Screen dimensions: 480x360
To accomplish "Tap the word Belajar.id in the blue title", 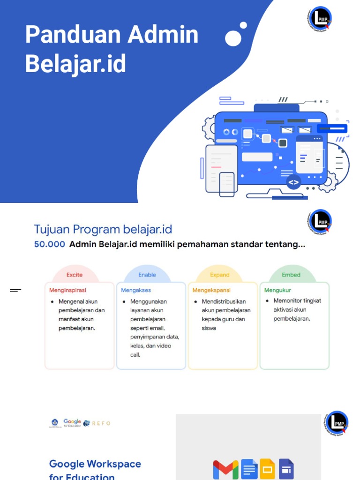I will [75, 63].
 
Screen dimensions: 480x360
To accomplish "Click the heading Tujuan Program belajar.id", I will [103, 229].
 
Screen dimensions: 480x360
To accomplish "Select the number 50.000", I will [50, 244].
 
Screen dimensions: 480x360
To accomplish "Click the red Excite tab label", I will [75, 275].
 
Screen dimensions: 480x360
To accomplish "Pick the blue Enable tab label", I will [147, 275].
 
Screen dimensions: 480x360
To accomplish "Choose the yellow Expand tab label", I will [219, 275].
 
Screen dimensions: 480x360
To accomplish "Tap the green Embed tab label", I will [291, 275].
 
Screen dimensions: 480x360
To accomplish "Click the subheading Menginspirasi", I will [68, 290].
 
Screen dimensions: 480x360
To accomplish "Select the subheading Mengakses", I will [136, 290].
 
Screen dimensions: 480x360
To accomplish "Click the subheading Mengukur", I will [277, 290].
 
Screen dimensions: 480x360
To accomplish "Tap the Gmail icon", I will [225, 469].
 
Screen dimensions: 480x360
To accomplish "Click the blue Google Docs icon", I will [249, 469].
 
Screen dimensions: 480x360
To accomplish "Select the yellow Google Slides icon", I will [267, 469].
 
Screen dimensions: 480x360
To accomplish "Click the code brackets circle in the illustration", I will [293, 183].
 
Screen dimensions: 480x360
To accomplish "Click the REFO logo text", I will [101, 423].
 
